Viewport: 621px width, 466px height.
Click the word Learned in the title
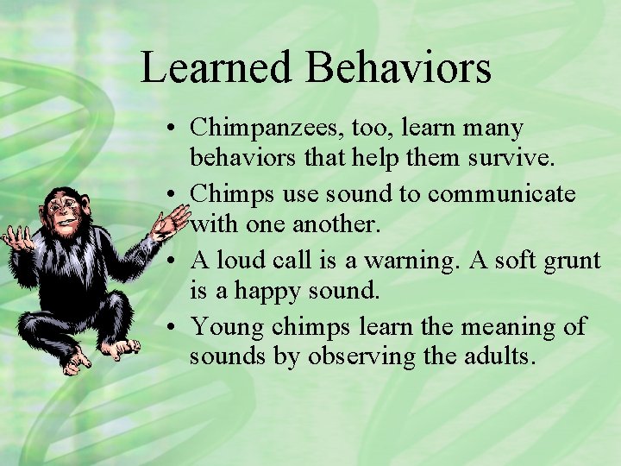[x=216, y=68]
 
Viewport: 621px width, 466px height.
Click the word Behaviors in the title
[x=398, y=68]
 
